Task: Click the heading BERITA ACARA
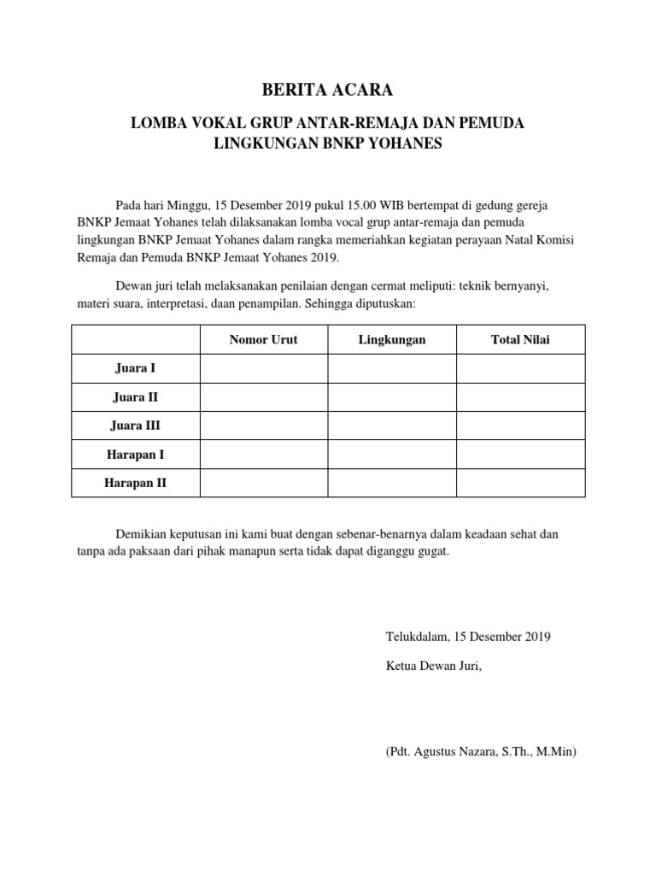327,90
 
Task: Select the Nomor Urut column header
264,340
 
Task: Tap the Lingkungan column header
392,340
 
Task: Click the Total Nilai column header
520,340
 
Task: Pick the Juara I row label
135,368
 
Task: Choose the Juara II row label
135,397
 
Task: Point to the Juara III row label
135,426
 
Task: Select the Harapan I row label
135,455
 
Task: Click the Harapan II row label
135,483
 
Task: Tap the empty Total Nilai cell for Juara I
520,368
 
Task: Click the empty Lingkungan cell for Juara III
392,426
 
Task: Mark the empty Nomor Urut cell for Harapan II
264,483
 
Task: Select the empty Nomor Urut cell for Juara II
264,397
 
